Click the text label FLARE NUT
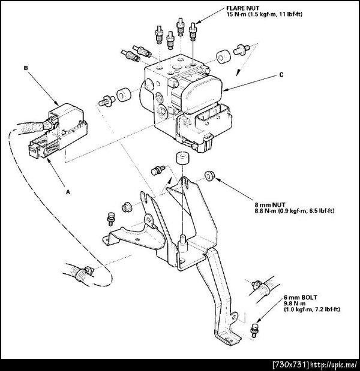tap(242, 8)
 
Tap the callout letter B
tap(26, 68)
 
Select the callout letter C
tap(281, 75)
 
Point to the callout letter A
tap(68, 192)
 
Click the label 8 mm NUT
tap(270, 204)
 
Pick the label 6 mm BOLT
tap(301, 297)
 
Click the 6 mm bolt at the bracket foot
tap(254, 331)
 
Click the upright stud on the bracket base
tap(183, 243)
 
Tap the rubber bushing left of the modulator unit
tap(124, 95)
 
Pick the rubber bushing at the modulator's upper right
tap(223, 57)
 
